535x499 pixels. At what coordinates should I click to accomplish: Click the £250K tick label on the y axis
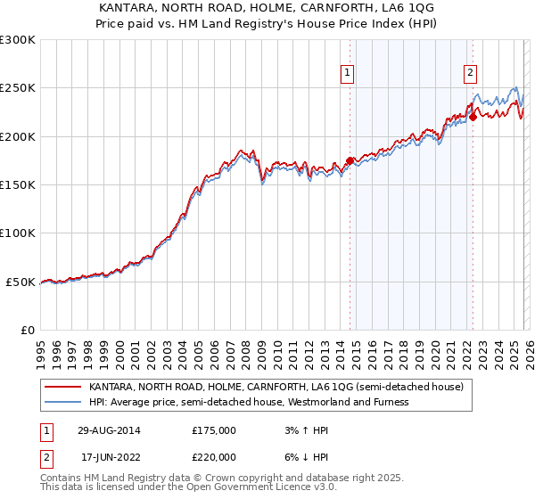point(18,88)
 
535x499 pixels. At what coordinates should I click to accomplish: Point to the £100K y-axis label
point(18,233)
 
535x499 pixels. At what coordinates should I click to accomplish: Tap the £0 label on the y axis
point(28,330)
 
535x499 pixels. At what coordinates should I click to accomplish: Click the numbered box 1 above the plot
point(346,74)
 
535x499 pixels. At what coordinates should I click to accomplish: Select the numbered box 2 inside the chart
point(470,74)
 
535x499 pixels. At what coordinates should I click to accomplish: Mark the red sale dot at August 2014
point(350,160)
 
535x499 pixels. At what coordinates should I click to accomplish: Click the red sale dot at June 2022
point(473,117)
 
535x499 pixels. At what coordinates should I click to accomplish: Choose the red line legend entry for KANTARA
point(276,388)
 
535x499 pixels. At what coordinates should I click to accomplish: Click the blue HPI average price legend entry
point(248,402)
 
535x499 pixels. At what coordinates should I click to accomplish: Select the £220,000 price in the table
point(213,455)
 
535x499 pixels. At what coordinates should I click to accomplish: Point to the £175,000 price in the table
point(213,430)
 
